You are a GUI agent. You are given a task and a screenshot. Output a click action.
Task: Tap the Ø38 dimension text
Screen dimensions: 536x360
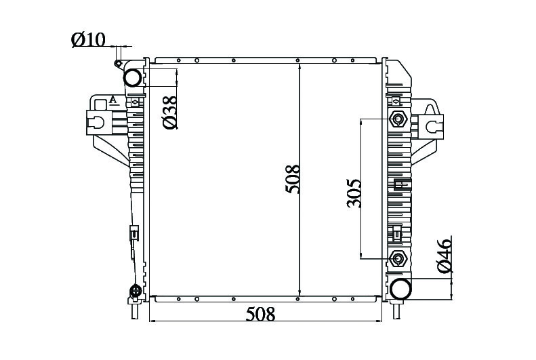(170, 112)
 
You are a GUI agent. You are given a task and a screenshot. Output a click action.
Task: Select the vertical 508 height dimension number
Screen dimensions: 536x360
(293, 179)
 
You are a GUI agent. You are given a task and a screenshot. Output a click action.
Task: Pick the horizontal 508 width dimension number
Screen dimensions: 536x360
(260, 314)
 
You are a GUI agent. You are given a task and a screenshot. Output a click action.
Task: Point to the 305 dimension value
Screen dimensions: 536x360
(354, 193)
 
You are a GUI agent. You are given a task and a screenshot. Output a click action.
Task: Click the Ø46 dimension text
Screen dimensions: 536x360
(445, 256)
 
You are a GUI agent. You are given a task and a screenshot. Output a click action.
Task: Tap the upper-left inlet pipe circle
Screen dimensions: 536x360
(133, 77)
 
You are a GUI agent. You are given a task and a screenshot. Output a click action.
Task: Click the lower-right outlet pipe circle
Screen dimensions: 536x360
(400, 289)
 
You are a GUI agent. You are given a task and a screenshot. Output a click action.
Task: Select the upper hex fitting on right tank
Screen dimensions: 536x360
(398, 119)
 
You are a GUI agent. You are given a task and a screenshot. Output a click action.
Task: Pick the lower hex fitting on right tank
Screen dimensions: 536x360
(398, 258)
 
